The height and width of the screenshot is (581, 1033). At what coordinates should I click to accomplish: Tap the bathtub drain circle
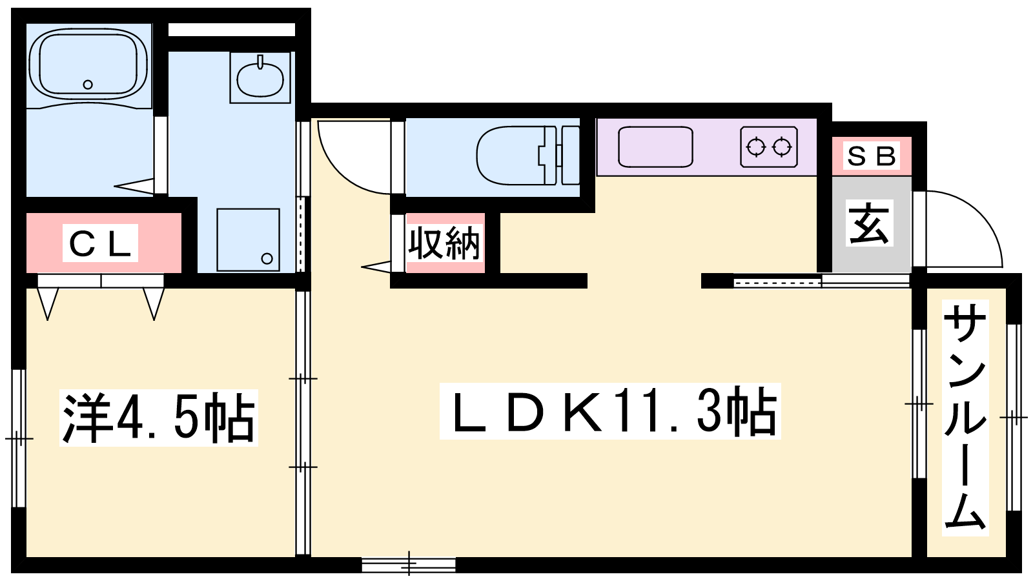[x=88, y=85]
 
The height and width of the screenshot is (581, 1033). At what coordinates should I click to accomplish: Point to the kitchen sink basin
[x=655, y=147]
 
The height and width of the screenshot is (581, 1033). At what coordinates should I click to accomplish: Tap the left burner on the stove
[x=756, y=147]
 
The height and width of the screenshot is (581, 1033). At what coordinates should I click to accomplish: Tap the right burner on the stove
[x=782, y=147]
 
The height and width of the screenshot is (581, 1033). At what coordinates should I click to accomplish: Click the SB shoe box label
[x=872, y=156]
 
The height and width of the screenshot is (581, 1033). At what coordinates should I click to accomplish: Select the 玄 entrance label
[x=869, y=223]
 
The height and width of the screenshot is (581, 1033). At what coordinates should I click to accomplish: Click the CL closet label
[x=100, y=243]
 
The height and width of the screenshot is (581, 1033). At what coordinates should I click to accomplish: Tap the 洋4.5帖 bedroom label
[x=158, y=417]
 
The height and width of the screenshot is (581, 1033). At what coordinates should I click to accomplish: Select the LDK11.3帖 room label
[x=610, y=411]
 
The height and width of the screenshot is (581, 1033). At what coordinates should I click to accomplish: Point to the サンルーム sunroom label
[x=965, y=418]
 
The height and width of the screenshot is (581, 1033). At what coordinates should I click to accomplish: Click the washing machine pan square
[x=248, y=240]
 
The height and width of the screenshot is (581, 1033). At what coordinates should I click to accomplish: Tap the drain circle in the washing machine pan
[x=267, y=259]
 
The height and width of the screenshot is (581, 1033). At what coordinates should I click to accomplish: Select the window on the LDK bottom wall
[x=409, y=565]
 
